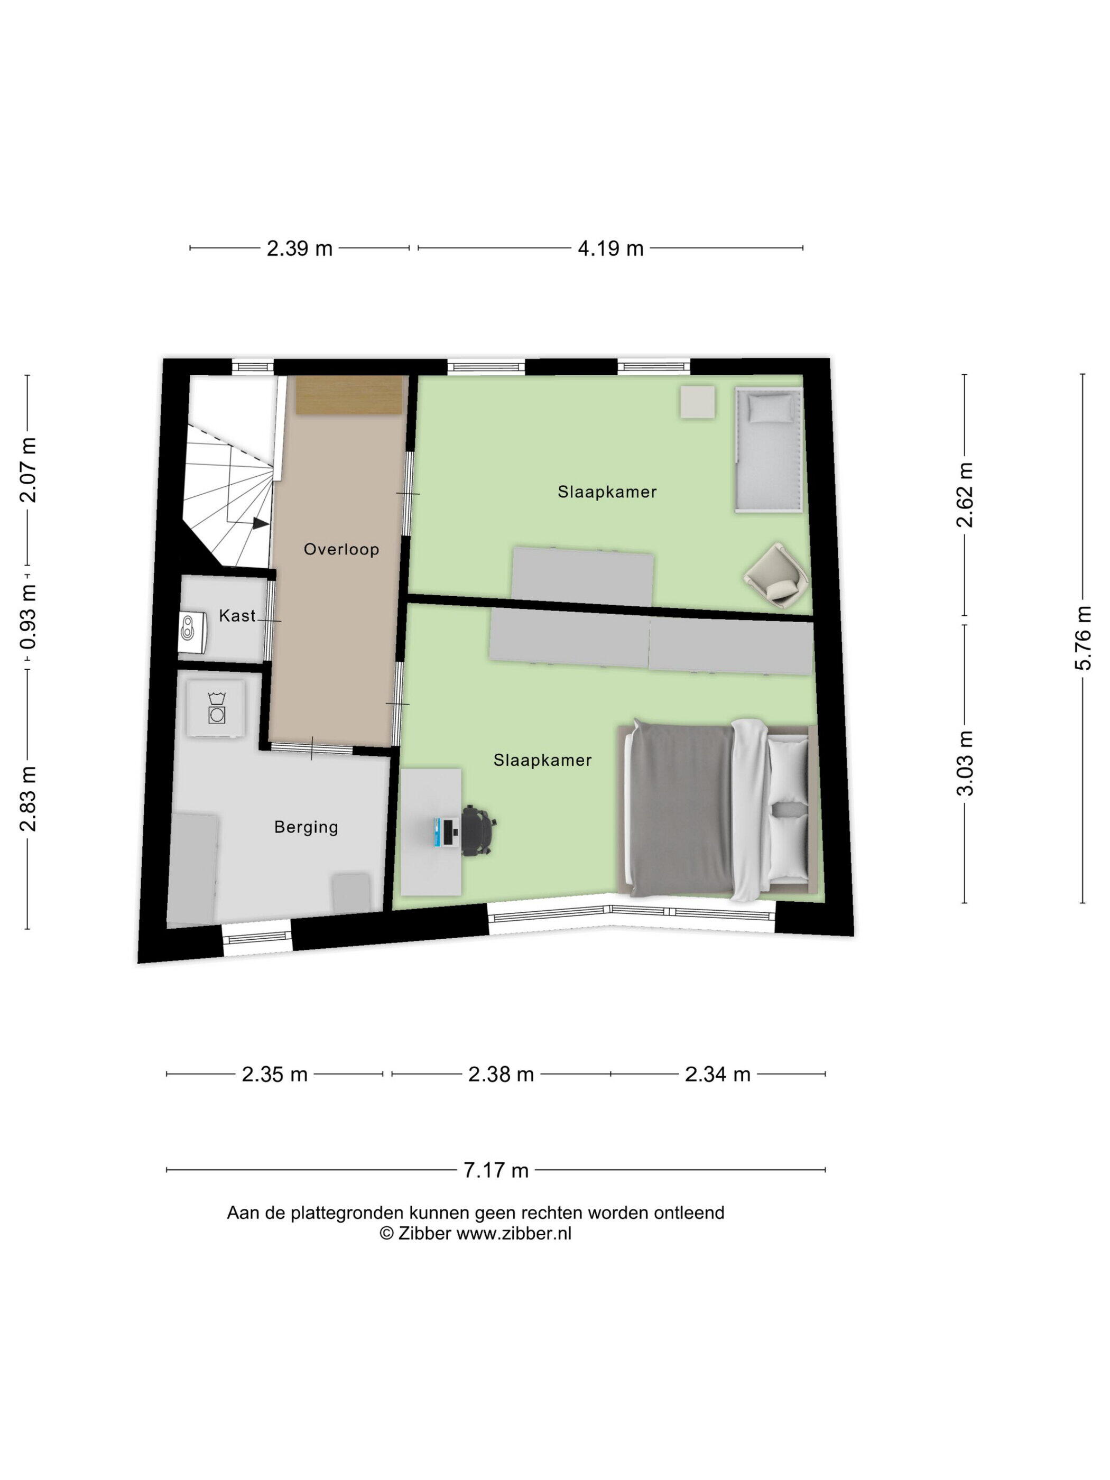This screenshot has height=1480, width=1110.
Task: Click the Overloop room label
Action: click(x=341, y=549)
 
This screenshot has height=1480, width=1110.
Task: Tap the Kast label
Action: click(x=237, y=616)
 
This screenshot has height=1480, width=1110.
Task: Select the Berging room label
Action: click(x=306, y=828)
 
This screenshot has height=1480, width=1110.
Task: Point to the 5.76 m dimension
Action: click(x=1083, y=637)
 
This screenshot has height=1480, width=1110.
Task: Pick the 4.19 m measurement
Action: click(x=610, y=249)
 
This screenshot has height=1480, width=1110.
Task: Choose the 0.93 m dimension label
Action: click(x=28, y=617)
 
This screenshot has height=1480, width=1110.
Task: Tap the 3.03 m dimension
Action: click(x=965, y=763)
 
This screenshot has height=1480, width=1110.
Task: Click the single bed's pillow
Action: click(x=768, y=408)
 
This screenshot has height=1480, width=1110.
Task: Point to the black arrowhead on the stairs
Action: click(x=260, y=523)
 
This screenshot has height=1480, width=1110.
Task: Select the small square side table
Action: click(x=697, y=402)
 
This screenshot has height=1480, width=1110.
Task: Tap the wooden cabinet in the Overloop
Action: click(x=348, y=395)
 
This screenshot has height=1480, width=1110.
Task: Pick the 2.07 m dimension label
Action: click(x=28, y=470)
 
